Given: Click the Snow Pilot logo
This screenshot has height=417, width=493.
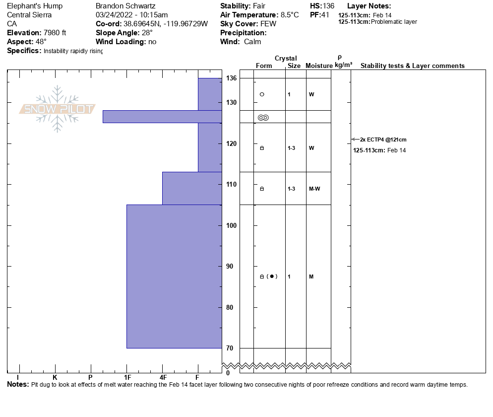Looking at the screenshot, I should click(57, 109).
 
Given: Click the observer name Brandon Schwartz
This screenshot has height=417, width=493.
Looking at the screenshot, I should click(126, 6).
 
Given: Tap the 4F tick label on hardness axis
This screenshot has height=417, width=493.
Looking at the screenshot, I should click(163, 377).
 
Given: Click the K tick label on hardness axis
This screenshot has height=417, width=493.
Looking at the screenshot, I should click(55, 377).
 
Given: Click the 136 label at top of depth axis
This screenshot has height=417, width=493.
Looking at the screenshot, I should click(231, 78).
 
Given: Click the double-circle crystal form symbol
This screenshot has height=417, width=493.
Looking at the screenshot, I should click(263, 118).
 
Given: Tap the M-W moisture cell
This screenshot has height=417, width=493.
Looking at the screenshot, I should click(314, 189).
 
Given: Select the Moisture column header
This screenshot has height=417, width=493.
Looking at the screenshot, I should click(319, 66).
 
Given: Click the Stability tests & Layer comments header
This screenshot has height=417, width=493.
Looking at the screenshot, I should click(412, 66).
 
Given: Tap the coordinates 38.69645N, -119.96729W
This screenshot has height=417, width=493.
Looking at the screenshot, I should click(165, 24).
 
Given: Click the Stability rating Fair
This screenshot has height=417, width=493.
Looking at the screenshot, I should click(260, 6).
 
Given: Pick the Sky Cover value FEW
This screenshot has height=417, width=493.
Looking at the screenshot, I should click(268, 24).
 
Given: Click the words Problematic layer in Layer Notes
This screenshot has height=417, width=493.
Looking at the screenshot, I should click(394, 22).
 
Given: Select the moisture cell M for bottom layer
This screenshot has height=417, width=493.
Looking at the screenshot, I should click(311, 277).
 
